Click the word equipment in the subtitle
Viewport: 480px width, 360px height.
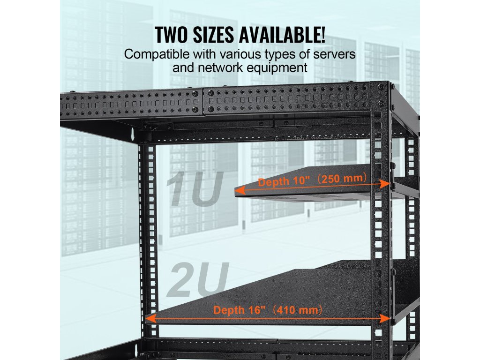[279, 67]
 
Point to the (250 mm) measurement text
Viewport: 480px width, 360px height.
[342, 180]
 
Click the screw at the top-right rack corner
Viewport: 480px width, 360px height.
[380, 87]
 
